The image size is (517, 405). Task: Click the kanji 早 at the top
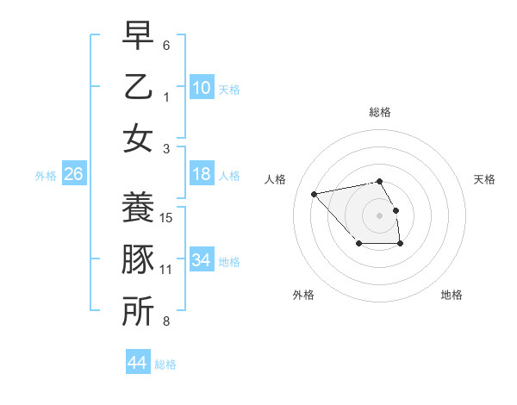(x=138, y=37)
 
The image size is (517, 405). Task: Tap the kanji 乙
(x=138, y=87)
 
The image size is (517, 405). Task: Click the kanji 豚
(x=138, y=259)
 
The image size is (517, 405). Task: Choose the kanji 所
(x=138, y=311)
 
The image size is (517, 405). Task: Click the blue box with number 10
(x=201, y=87)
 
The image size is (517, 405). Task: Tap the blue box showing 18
(x=201, y=174)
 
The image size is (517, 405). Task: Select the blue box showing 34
(x=201, y=260)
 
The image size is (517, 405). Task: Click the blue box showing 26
(x=74, y=174)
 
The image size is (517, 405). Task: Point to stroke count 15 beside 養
(x=167, y=218)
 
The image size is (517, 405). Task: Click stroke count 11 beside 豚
(x=166, y=270)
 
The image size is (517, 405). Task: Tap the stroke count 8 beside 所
(x=166, y=321)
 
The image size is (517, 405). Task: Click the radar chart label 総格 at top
(x=379, y=112)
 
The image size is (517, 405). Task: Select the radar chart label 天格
(x=484, y=179)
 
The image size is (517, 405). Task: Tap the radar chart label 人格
(x=276, y=179)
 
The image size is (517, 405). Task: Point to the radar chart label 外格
(x=303, y=295)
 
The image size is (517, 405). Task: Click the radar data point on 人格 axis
(x=314, y=193)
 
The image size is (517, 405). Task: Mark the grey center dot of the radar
(x=379, y=215)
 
